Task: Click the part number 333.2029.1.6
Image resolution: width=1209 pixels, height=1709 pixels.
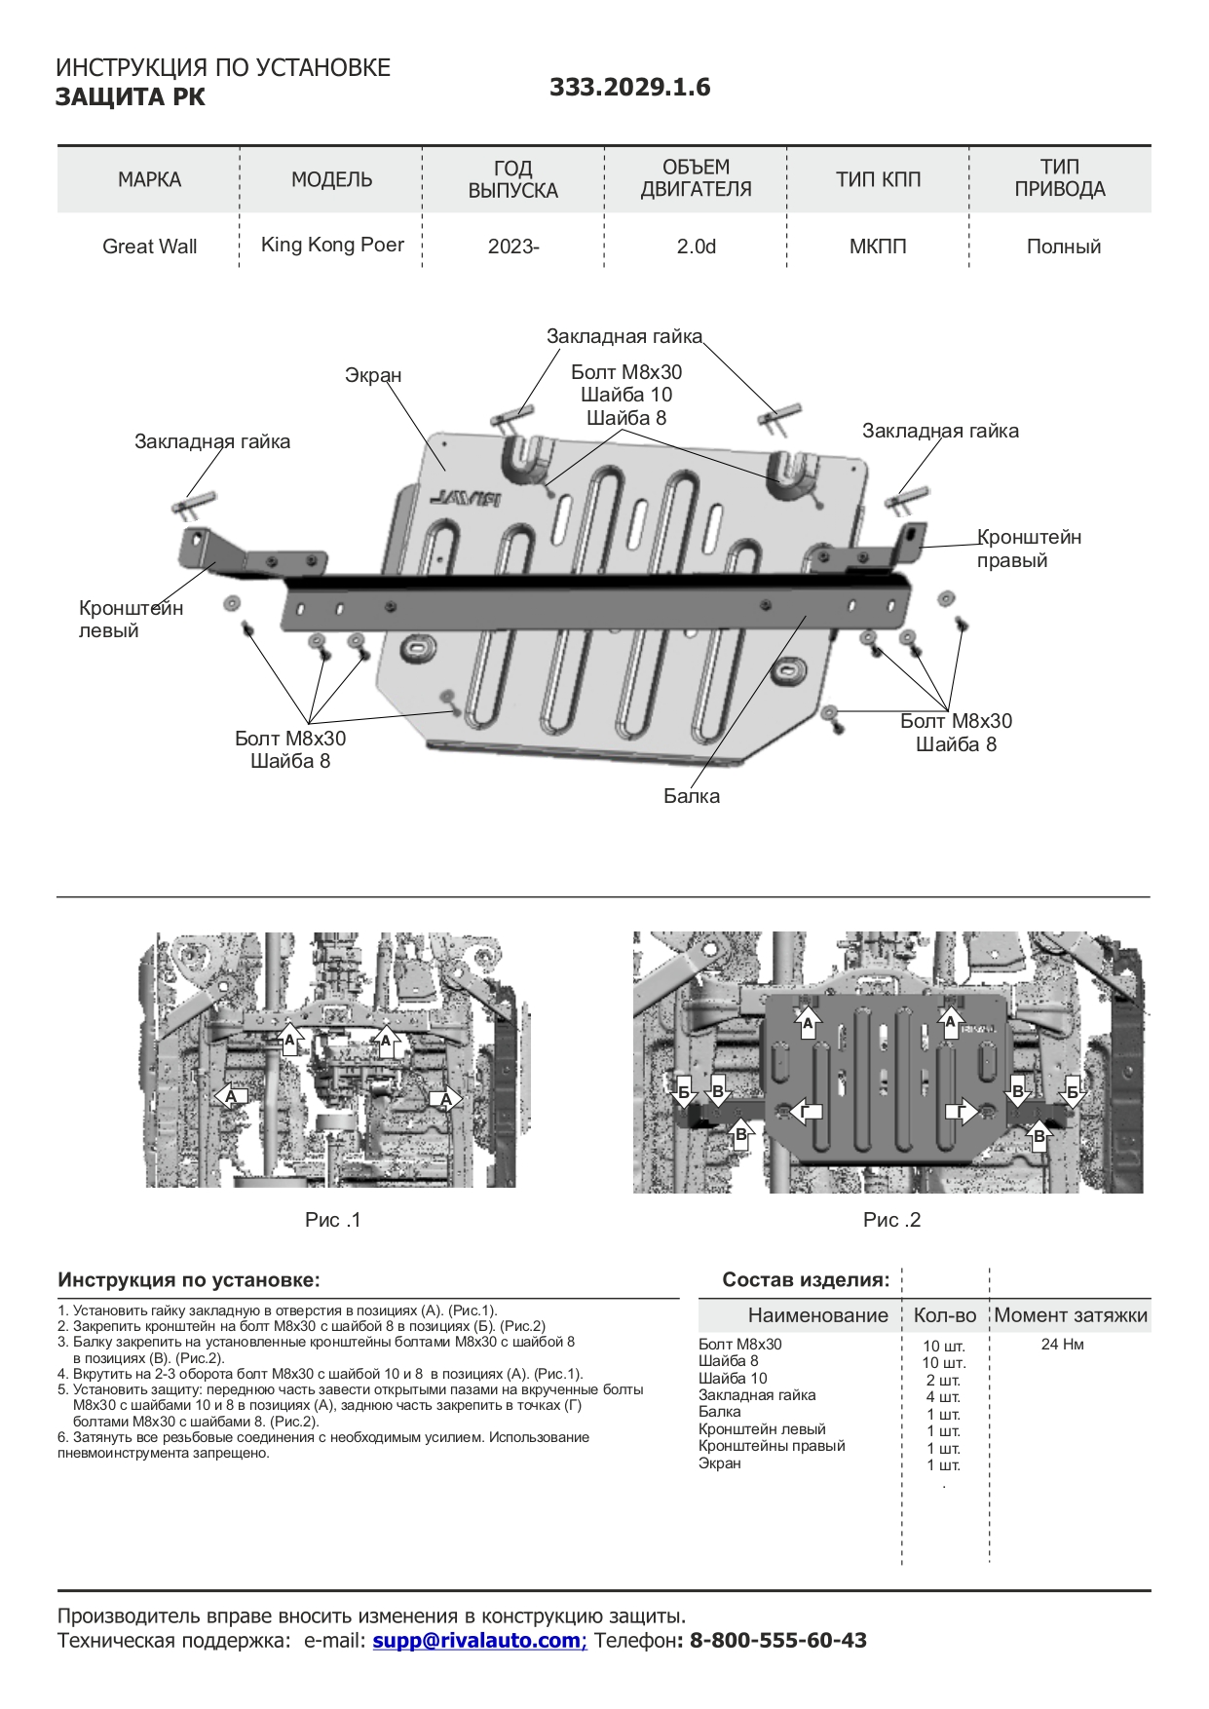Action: (629, 88)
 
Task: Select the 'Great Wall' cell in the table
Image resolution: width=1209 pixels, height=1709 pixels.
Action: (149, 247)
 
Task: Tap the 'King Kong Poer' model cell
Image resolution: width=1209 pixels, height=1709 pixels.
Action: (332, 245)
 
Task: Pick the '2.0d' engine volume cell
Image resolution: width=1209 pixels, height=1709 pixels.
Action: (696, 247)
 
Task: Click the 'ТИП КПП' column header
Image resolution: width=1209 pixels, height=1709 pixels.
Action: (878, 179)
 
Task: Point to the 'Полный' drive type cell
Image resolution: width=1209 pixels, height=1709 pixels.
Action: (1063, 247)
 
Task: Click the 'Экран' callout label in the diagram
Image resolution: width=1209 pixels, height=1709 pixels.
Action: (373, 375)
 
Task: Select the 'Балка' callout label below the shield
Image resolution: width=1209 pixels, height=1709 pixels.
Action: (692, 796)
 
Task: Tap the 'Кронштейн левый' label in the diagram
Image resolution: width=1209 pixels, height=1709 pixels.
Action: (131, 619)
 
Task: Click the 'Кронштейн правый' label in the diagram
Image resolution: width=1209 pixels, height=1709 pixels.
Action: (1029, 549)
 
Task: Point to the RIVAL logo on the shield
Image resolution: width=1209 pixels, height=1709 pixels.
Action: (465, 498)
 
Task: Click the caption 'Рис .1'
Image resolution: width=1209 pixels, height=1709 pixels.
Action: (332, 1220)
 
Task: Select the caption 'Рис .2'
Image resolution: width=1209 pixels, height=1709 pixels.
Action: (891, 1220)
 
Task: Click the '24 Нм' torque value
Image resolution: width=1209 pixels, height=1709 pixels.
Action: (1062, 1345)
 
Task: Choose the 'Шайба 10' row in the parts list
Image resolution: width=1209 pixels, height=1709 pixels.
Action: (733, 1379)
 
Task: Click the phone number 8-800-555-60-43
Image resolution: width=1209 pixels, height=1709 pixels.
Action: (778, 1640)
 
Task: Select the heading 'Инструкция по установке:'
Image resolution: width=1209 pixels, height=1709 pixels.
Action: (189, 1279)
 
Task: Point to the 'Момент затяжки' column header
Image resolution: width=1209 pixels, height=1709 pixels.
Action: (1071, 1315)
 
